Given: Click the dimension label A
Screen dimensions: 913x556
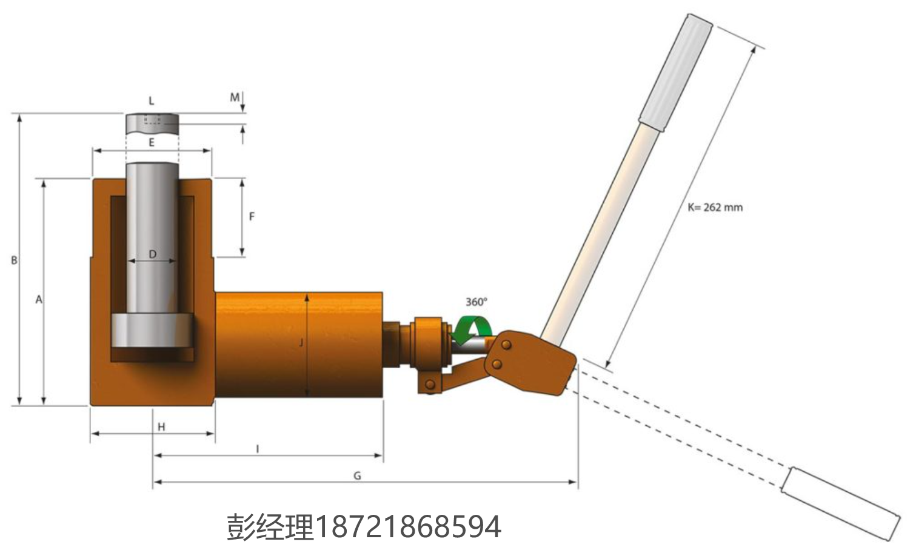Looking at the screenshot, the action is (39, 300).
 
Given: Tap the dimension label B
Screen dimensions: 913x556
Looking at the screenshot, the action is (15, 260).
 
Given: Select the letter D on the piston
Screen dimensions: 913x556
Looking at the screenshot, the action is (152, 254).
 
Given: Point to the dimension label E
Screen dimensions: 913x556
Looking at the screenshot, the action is (152, 142).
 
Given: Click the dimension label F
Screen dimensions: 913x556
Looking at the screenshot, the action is (252, 217).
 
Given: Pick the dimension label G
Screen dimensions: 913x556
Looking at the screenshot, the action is (357, 476).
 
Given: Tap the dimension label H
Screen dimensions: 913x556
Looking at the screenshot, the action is (161, 427).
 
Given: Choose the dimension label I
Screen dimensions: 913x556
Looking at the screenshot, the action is (258, 449).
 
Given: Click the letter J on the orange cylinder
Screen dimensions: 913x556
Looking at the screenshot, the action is (301, 343).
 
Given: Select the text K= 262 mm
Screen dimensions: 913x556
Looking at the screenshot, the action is (715, 207).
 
